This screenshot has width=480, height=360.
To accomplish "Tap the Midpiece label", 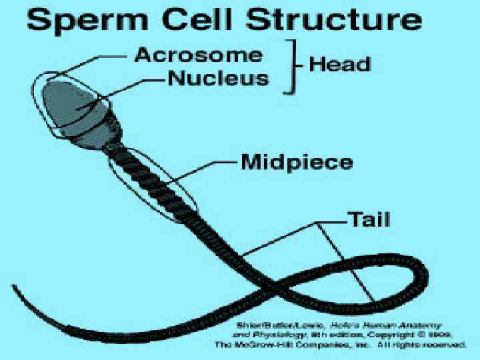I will [297, 162].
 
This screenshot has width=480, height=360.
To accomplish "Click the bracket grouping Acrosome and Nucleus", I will [291, 65].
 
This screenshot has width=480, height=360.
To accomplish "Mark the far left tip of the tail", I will [15, 287].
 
